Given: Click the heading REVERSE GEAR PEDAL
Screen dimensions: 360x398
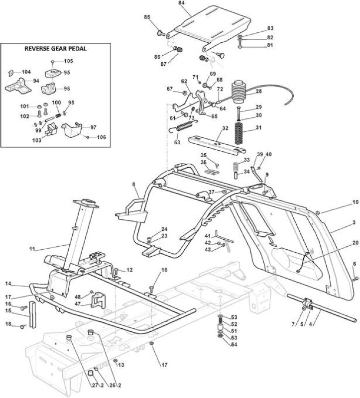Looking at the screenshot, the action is click(55, 49).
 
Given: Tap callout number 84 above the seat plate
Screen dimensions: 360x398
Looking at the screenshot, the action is click(181, 3).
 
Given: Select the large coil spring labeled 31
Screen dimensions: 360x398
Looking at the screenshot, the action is click(239, 133).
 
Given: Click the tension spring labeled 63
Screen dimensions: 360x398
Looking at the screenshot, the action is click(183, 126).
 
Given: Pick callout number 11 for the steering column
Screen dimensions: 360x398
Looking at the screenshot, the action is click(32, 249).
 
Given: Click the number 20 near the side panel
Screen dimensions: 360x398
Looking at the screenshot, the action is click(355, 243).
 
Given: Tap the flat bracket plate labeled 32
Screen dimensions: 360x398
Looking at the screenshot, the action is click(217, 144).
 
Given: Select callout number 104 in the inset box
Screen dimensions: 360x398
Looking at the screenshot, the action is click(26, 72).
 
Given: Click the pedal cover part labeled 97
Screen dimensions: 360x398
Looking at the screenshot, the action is click(72, 129).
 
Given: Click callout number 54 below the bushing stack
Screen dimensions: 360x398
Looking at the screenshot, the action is click(234, 345).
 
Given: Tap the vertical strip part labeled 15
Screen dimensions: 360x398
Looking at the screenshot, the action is click(33, 314).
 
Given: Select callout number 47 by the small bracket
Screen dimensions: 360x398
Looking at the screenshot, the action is click(78, 303).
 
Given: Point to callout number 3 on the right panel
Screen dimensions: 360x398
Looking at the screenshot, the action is click(354, 222).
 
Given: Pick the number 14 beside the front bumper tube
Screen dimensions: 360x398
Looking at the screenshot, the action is click(8, 284).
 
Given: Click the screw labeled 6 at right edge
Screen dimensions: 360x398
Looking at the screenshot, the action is click(356, 279).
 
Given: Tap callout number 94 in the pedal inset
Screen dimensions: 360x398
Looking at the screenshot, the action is click(36, 81).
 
